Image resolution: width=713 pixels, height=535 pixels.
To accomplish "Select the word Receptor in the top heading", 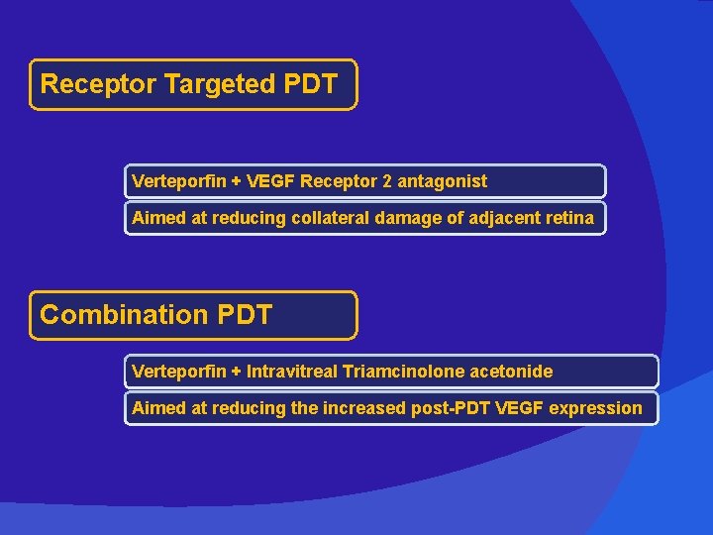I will pyautogui.click(x=98, y=84).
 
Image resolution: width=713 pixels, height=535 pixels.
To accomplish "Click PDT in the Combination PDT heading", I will pyautogui.click(x=243, y=315).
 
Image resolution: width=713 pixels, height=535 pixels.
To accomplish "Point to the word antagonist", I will pyautogui.click(x=445, y=181).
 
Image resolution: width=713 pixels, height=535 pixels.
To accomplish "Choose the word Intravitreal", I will pyautogui.click(x=291, y=372).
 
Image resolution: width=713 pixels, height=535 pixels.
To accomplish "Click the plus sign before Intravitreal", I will pyautogui.click(x=236, y=372).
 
